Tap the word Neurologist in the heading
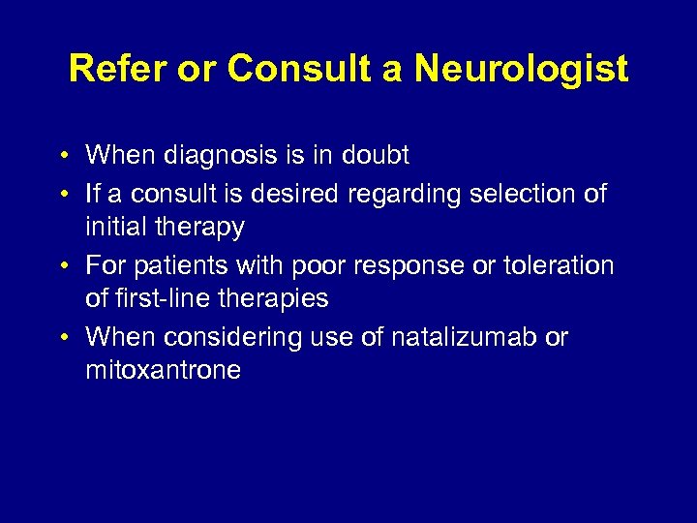(521, 70)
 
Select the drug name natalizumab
(441, 337)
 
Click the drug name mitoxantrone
(163, 371)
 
